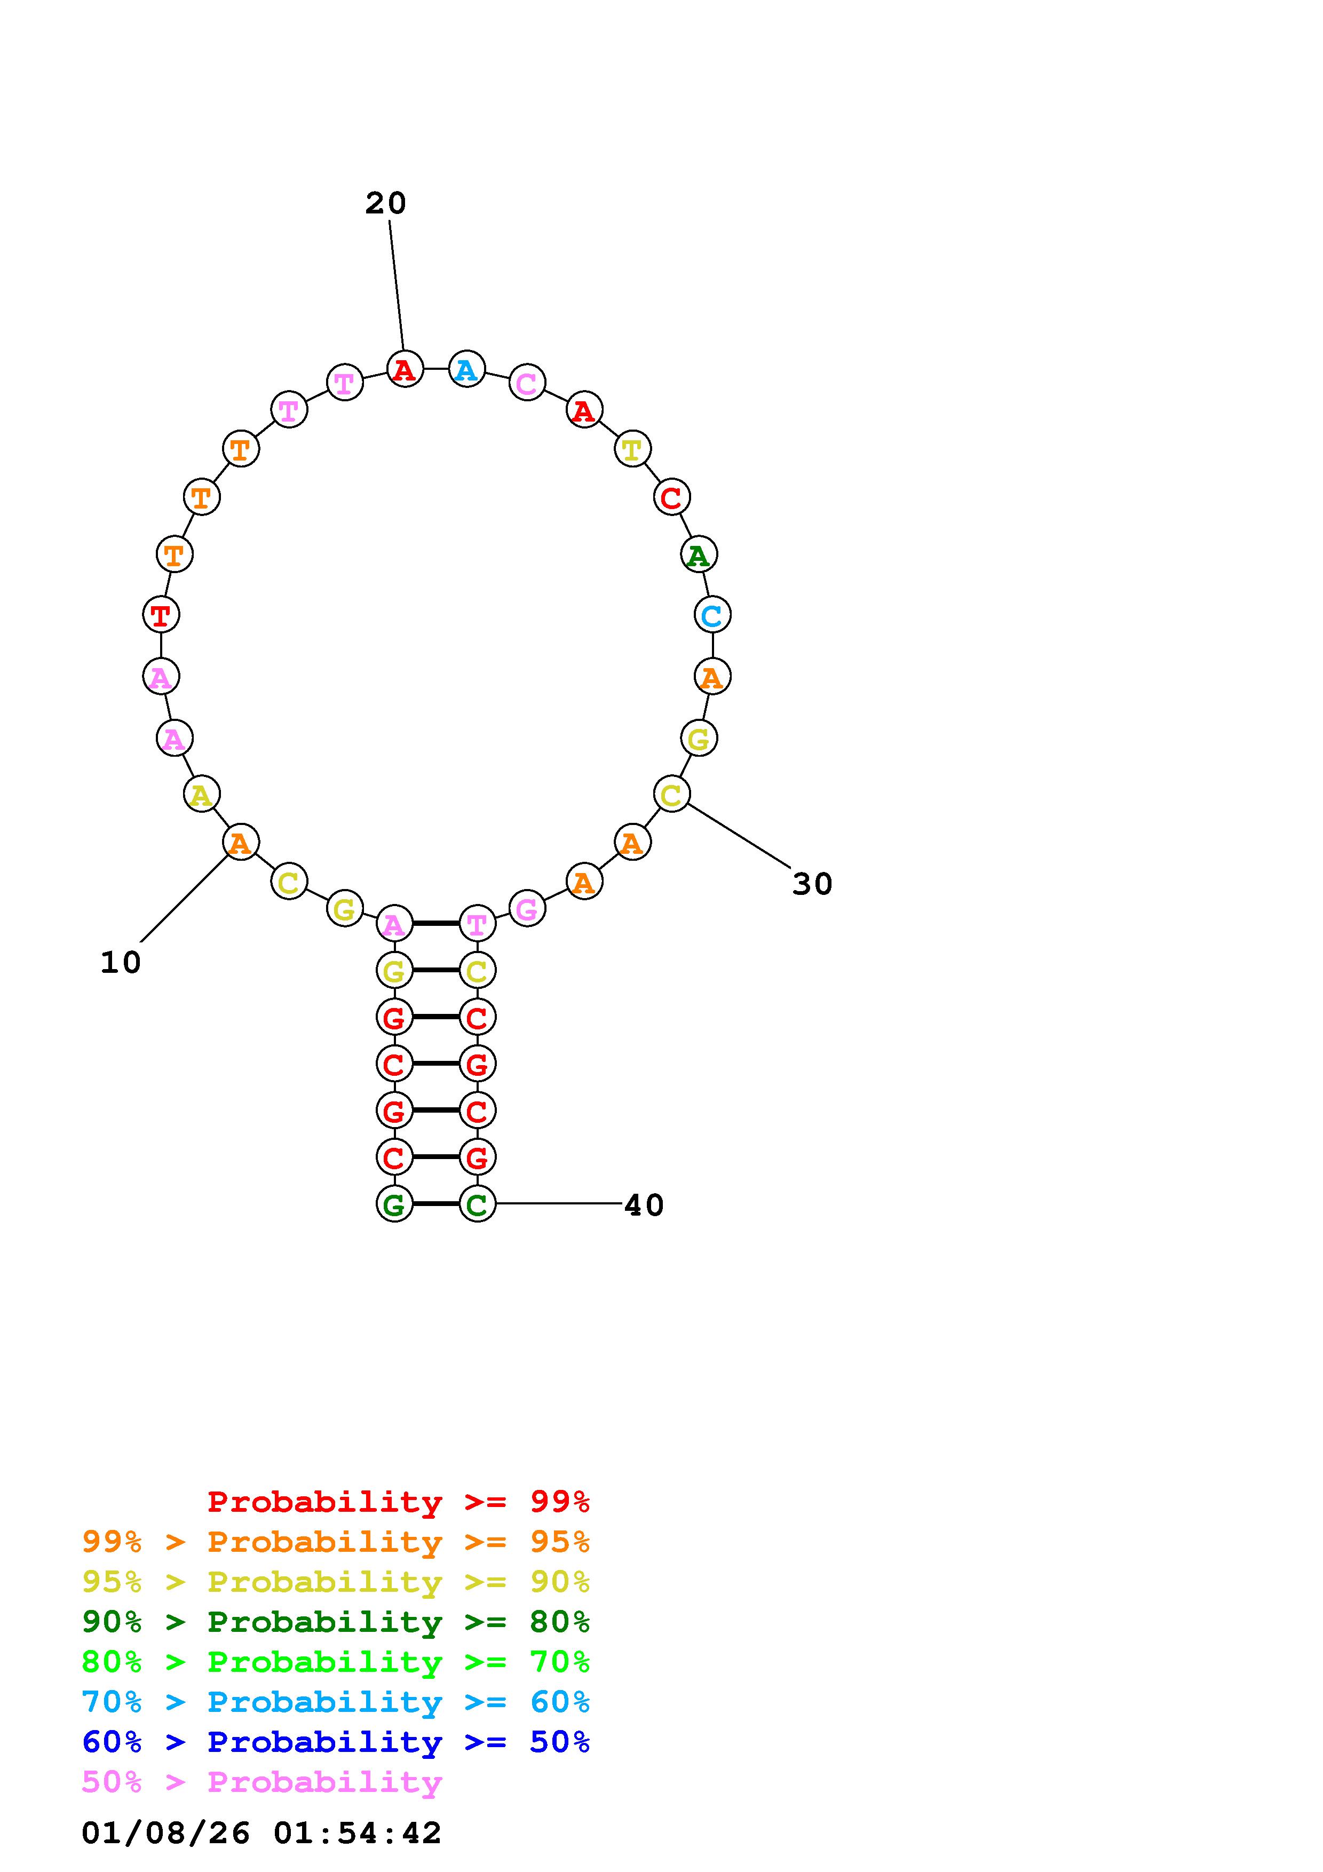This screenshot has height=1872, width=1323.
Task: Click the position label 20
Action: pyautogui.click(x=385, y=203)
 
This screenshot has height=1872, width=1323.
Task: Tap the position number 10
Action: pyautogui.click(x=121, y=963)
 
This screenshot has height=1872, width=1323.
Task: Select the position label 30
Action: pyautogui.click(x=812, y=884)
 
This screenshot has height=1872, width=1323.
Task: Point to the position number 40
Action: pyautogui.click(x=644, y=1205)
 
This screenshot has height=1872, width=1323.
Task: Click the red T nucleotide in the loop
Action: pyautogui.click(x=161, y=615)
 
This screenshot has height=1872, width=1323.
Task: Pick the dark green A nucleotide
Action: pyautogui.click(x=698, y=555)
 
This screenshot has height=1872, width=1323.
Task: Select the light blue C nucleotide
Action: pyautogui.click(x=711, y=615)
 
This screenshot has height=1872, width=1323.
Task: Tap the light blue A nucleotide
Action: pyautogui.click(x=466, y=369)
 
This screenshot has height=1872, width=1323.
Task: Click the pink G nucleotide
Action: pyautogui.click(x=527, y=908)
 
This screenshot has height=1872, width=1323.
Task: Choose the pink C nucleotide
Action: pyautogui.click(x=527, y=383)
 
